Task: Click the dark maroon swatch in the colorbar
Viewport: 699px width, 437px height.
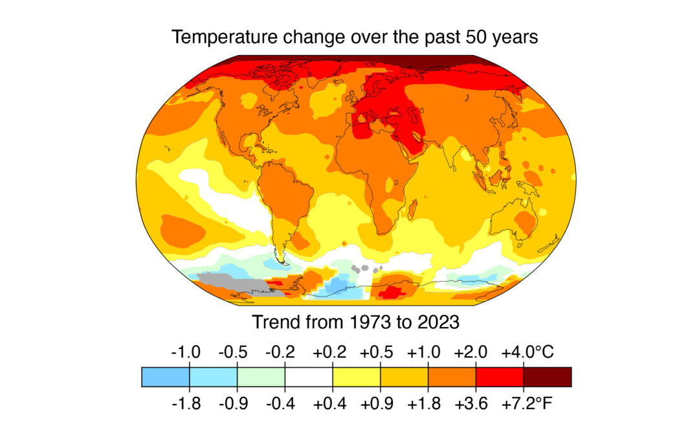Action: [x=547, y=376]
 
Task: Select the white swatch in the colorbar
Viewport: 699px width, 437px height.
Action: [x=309, y=376]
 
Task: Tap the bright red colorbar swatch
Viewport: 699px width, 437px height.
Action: [x=499, y=376]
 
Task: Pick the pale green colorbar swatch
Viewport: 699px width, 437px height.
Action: [x=261, y=376]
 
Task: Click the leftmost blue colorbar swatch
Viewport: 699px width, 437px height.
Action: [x=166, y=376]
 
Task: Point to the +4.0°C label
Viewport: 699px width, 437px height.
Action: [x=527, y=353]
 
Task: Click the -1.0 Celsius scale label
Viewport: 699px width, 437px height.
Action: [x=186, y=353]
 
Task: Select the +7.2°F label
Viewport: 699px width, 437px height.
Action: [x=527, y=405]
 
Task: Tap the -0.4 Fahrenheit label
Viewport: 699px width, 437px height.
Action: [x=281, y=405]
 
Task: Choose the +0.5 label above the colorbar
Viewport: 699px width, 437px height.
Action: [x=376, y=353]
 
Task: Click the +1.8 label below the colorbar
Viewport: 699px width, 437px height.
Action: [x=424, y=405]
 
